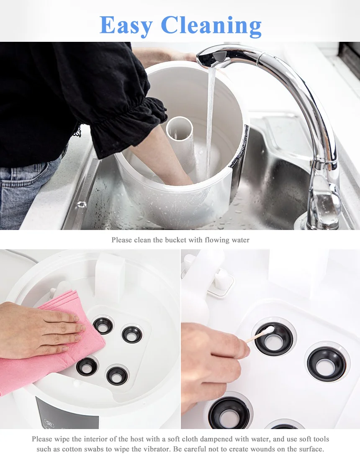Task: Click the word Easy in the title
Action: click(126, 26)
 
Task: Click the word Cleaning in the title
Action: click(211, 26)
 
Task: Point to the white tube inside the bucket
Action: click(180, 138)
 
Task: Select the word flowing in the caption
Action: click(217, 240)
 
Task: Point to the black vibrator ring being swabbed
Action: click(274, 339)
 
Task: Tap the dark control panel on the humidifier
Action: click(67, 413)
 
